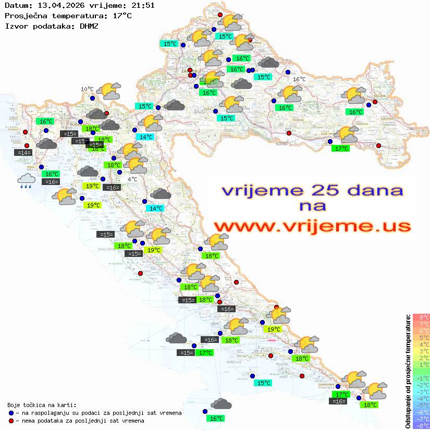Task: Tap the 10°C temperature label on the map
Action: [x=87, y=89]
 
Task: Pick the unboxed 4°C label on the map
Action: [x=132, y=179]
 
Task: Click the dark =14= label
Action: [x=24, y=153]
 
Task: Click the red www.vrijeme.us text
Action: [x=312, y=226]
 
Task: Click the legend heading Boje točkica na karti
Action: [x=42, y=404]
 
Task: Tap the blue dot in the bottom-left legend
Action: [x=11, y=413]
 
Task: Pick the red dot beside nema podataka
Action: [x=11, y=421]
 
